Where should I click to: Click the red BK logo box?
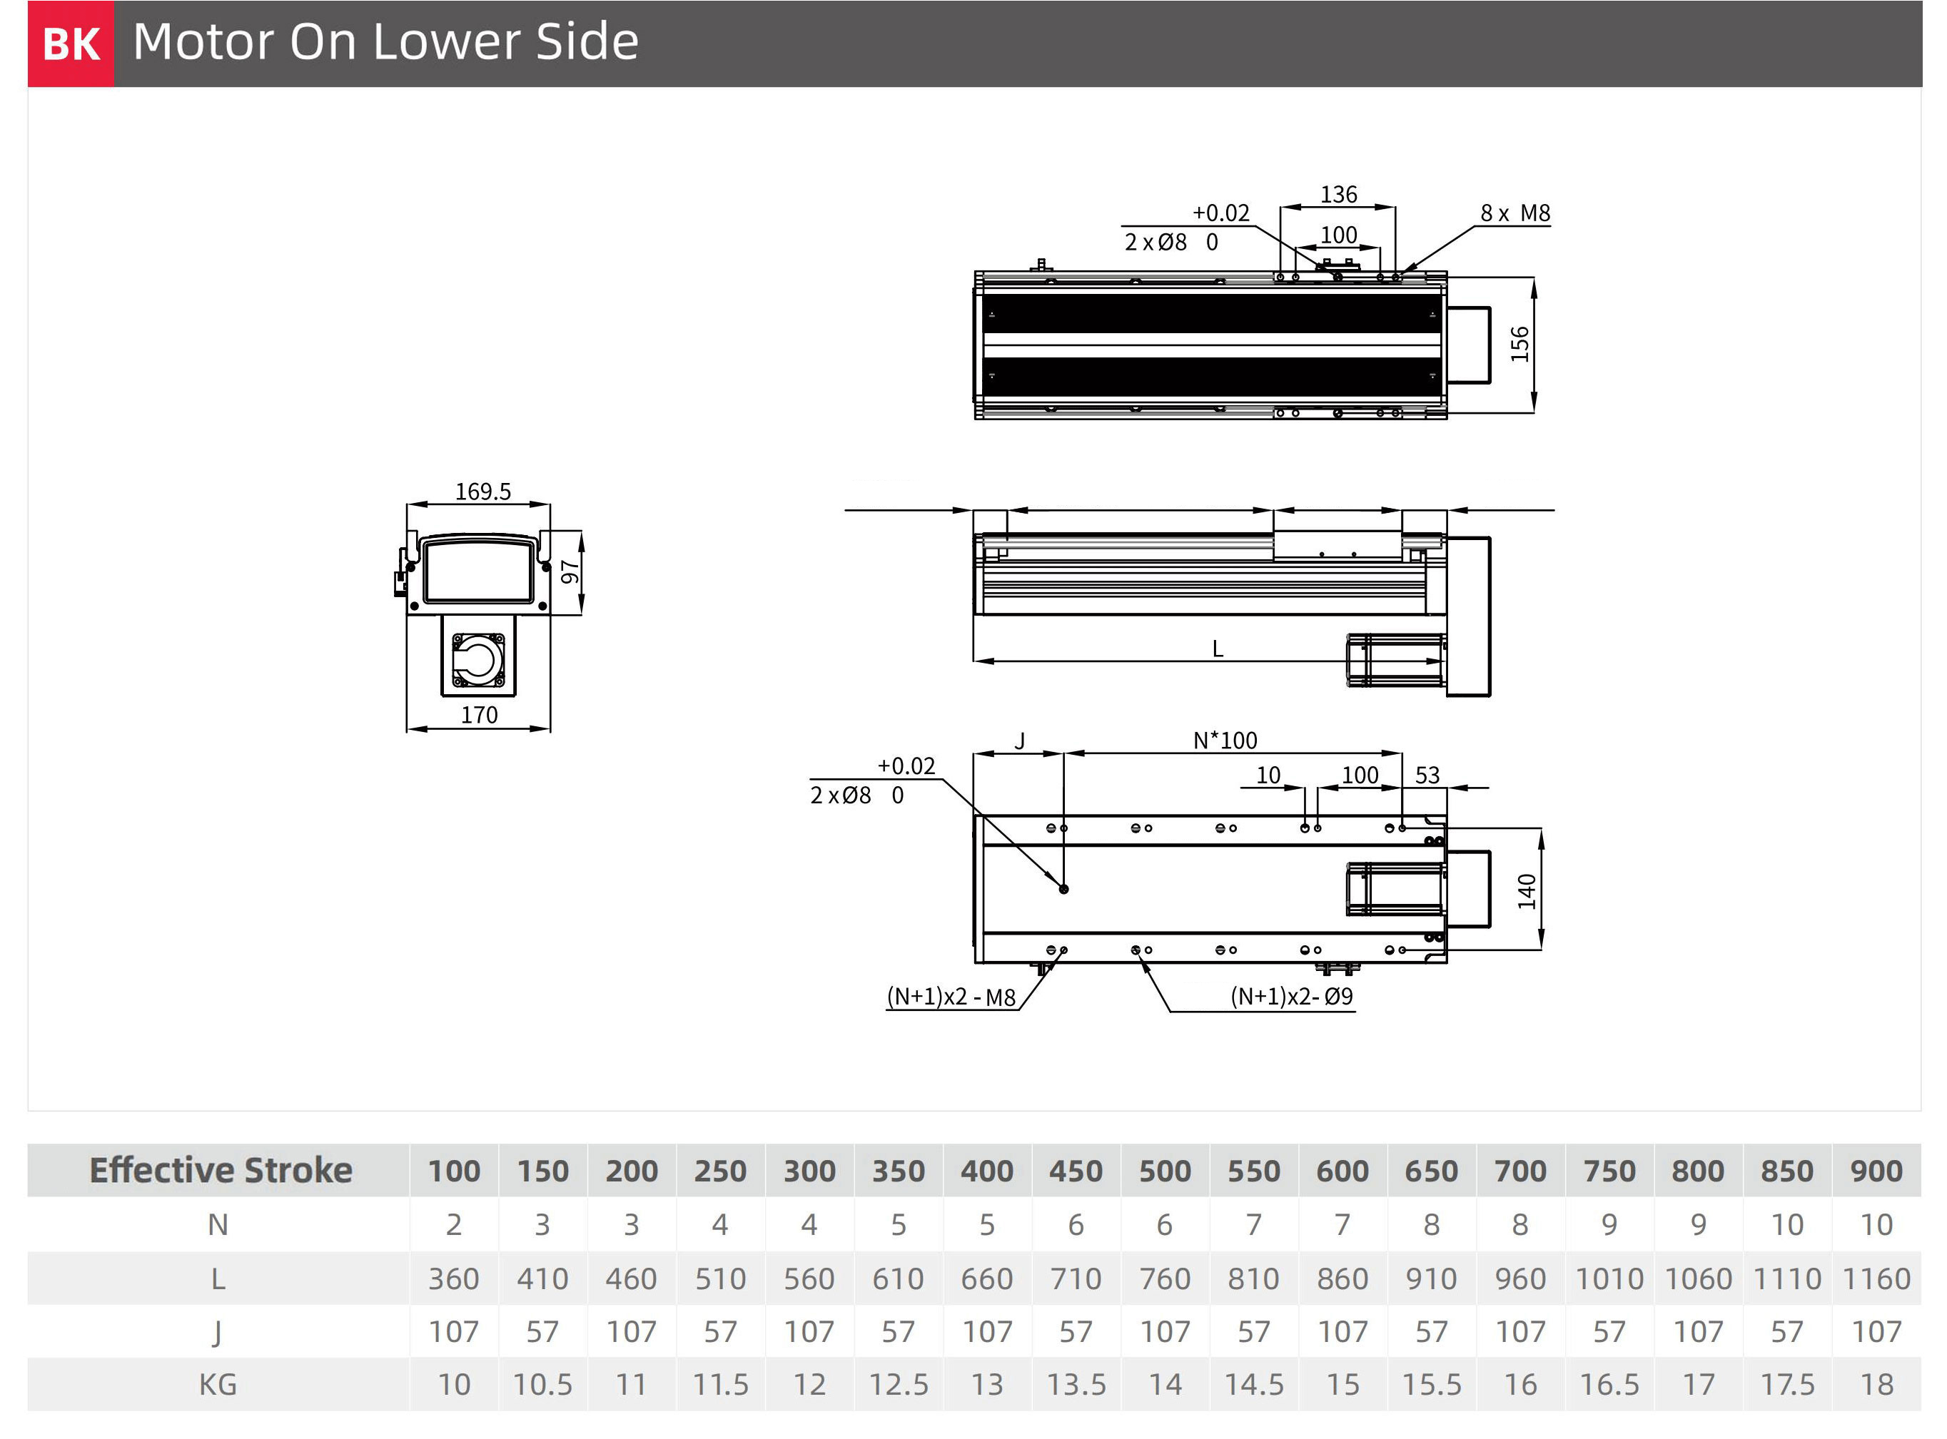coord(71,44)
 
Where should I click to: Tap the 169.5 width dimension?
coord(482,492)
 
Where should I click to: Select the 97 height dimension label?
coord(570,572)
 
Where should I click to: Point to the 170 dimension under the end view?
coord(479,715)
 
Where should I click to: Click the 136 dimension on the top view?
coord(1338,194)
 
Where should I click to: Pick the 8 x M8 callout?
coord(1515,213)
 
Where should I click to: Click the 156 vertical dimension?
coord(1519,344)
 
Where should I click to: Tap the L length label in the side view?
coord(1218,649)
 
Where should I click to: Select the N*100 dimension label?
coord(1225,741)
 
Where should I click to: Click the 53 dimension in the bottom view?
coord(1427,776)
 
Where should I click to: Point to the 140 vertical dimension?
coord(1526,891)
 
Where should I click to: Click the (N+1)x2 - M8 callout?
coord(951,997)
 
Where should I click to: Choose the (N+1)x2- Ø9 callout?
coord(1292,997)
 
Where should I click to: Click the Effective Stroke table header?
coord(221,1170)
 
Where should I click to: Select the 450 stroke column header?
coord(1076,1171)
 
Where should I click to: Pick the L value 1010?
coord(1609,1278)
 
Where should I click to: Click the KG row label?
coord(218,1384)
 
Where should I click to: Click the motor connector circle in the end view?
coord(478,659)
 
